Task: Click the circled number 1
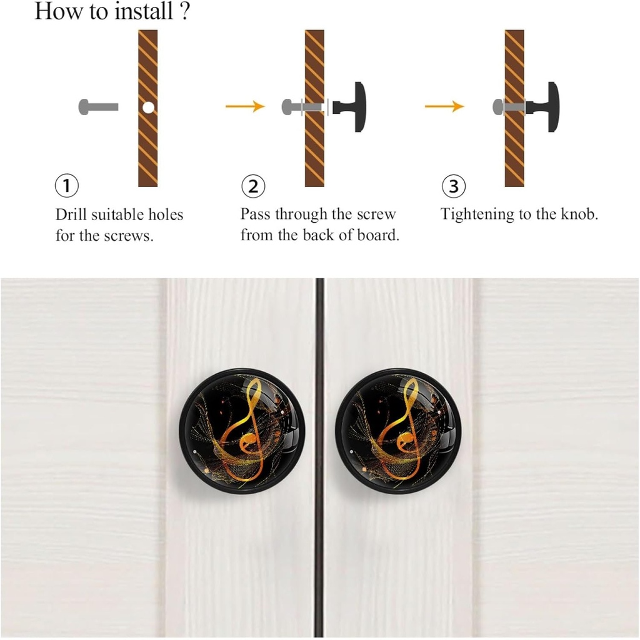(67, 185)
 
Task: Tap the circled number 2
(252, 186)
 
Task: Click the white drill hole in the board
(147, 108)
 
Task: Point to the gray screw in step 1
(98, 107)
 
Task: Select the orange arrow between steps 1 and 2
(245, 107)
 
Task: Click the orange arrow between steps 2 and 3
(444, 107)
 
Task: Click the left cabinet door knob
(241, 430)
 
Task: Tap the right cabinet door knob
(397, 430)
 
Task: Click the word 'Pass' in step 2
(256, 214)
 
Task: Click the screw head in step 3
(498, 107)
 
